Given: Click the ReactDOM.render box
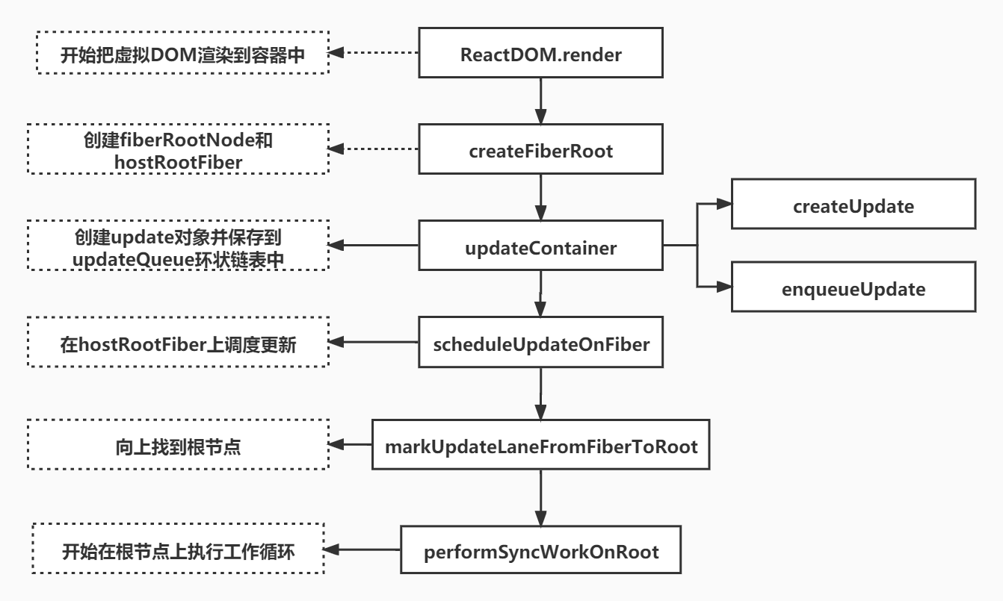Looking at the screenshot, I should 540,53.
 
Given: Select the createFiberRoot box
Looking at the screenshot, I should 540,151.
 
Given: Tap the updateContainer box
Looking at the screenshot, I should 540,248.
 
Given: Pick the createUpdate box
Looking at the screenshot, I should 853,206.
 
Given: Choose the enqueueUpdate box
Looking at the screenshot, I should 853,288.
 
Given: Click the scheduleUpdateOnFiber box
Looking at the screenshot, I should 540,343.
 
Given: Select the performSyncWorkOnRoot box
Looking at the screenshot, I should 540,552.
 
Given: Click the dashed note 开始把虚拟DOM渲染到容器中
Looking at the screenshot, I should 182,53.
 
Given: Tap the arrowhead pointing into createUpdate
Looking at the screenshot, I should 723,204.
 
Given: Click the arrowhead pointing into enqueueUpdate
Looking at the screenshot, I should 723,286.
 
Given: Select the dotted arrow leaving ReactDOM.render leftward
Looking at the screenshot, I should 374,53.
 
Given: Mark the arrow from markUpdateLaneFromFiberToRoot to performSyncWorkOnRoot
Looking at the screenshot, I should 540,498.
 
